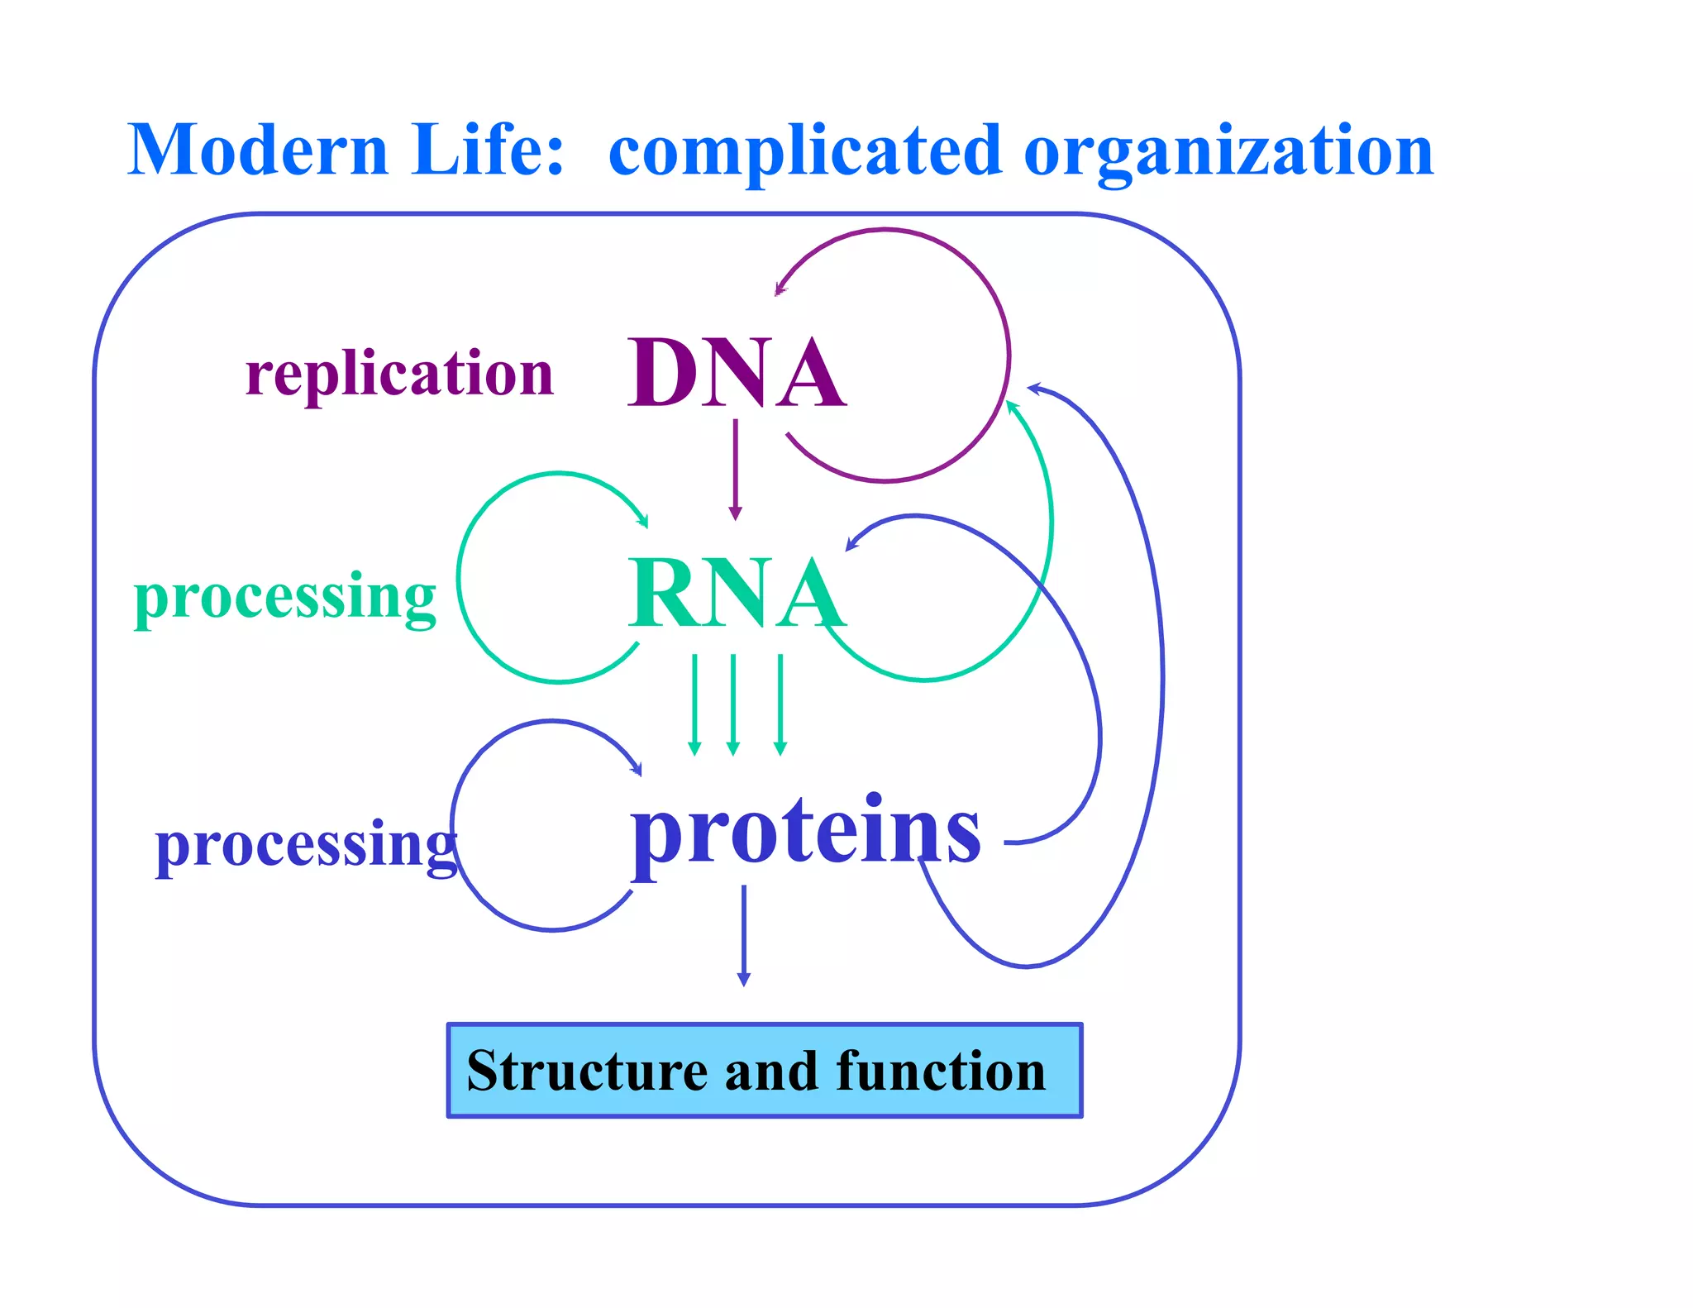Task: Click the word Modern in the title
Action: tap(257, 150)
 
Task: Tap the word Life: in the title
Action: tap(488, 150)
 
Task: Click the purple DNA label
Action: tap(736, 374)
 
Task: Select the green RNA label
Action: tap(736, 594)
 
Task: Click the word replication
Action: tap(399, 374)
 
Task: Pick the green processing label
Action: tap(284, 597)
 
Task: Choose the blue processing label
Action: tap(306, 845)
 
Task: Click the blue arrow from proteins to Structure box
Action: tap(743, 934)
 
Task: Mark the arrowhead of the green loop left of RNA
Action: tap(643, 521)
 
